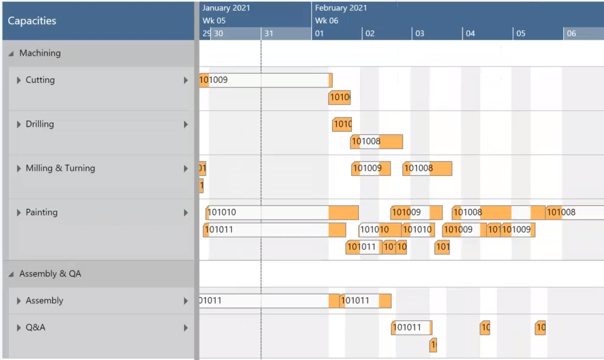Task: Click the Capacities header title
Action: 32,21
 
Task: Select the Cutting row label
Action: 40,80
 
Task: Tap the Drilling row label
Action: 40,124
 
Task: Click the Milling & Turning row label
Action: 60,168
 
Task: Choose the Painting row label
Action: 41,213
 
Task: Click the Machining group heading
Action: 40,53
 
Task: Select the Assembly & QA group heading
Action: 50,274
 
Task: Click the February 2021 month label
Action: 340,8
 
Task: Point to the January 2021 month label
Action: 226,8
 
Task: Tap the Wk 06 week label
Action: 326,21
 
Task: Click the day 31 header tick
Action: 269,34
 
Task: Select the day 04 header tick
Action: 470,34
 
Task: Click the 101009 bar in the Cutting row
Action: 266,80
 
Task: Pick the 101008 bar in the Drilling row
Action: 377,142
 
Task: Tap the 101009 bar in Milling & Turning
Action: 371,168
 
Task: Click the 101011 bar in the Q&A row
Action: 412,327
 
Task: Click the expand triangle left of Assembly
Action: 19,301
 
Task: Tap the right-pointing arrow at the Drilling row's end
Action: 186,124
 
